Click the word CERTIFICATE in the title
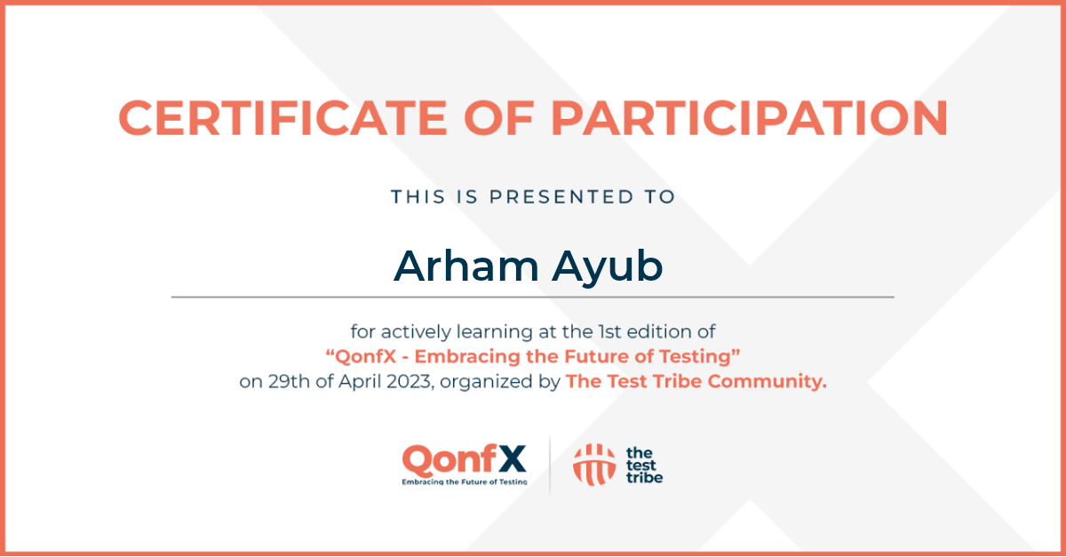[282, 118]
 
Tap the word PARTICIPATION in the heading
[749, 118]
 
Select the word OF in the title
[498, 118]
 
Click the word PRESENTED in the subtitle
[562, 196]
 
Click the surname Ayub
[608, 267]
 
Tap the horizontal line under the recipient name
[532, 297]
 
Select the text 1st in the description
[609, 331]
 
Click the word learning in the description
[495, 332]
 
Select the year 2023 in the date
[409, 381]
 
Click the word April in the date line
[360, 382]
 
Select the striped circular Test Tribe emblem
[594, 465]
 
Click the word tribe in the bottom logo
[644, 478]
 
